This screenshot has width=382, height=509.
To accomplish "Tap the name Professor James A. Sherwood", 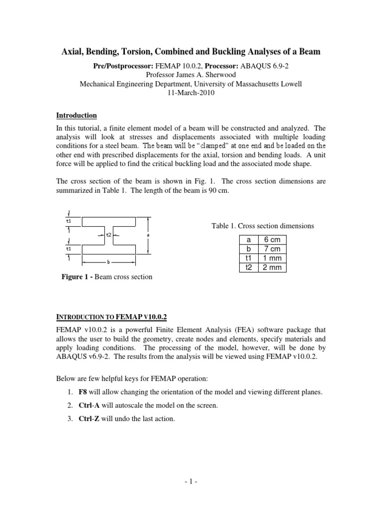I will [x=191, y=75].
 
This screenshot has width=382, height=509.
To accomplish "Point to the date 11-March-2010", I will [x=191, y=93].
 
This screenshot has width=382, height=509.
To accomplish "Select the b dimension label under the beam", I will [x=107, y=261].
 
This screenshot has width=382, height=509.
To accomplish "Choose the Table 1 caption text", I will [x=263, y=226].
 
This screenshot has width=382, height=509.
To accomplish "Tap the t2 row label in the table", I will [x=248, y=267].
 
